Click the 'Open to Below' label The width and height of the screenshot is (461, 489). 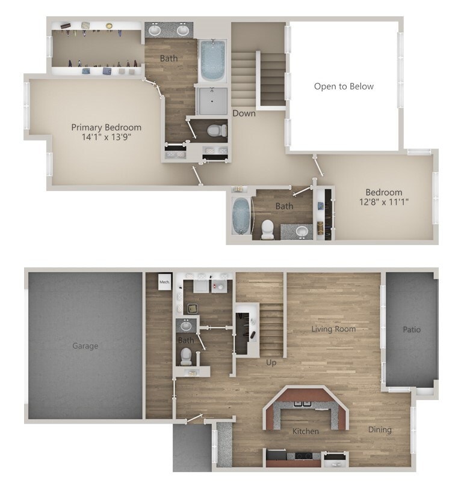(344, 87)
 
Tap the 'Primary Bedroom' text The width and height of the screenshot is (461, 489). (107, 127)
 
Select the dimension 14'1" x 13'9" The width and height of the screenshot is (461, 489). (107, 137)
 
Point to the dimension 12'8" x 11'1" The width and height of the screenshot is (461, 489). (383, 202)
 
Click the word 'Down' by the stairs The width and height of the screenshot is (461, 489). (244, 113)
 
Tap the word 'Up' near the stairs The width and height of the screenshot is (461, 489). (271, 362)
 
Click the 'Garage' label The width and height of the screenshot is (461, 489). (85, 346)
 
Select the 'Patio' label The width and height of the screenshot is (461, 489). (412, 329)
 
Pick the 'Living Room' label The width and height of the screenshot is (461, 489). (333, 329)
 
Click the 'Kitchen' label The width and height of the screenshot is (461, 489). (305, 431)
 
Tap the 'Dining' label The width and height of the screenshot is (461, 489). (380, 430)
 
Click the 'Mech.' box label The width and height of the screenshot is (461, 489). (164, 281)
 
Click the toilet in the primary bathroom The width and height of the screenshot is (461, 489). (214, 130)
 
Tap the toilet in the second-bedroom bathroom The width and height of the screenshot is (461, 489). (267, 229)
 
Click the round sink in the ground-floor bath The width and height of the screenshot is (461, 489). (186, 326)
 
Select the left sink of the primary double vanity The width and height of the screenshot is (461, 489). (155, 29)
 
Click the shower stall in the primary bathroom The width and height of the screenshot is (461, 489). (211, 101)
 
